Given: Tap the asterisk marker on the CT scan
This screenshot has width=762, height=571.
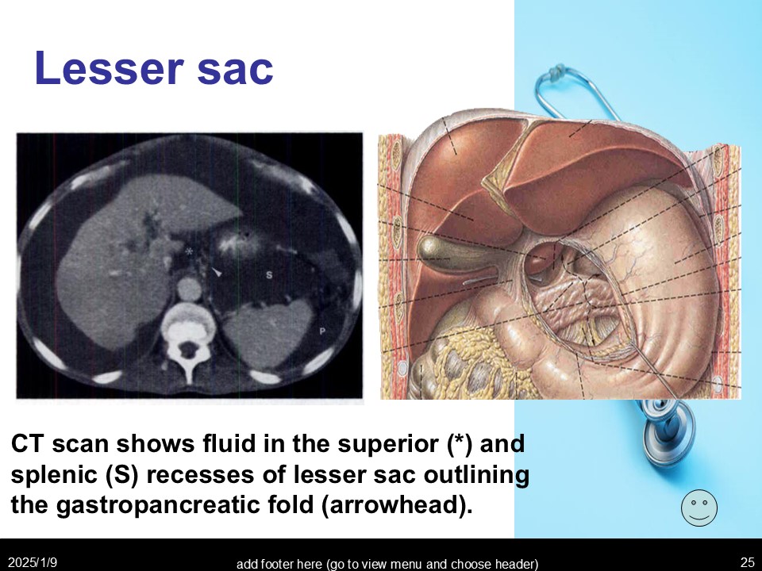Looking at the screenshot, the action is tap(189, 251).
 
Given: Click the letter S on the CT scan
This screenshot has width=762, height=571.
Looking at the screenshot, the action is tap(269, 275).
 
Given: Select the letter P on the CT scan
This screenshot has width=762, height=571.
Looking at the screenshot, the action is tap(321, 331).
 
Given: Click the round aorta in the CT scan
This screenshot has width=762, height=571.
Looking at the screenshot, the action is tap(189, 289).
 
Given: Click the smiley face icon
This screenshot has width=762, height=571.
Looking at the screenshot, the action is tap(699, 508).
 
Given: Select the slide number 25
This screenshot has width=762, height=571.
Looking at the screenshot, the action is tap(748, 562).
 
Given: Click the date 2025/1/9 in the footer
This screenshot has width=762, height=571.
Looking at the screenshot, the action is tap(33, 563).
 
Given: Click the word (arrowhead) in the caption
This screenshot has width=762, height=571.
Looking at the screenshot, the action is tap(397, 505).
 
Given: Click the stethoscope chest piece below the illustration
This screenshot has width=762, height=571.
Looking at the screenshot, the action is tap(668, 427).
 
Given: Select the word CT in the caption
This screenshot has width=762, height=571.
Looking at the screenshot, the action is tap(28, 444).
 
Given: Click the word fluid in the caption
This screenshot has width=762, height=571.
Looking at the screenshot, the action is tap(231, 443).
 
